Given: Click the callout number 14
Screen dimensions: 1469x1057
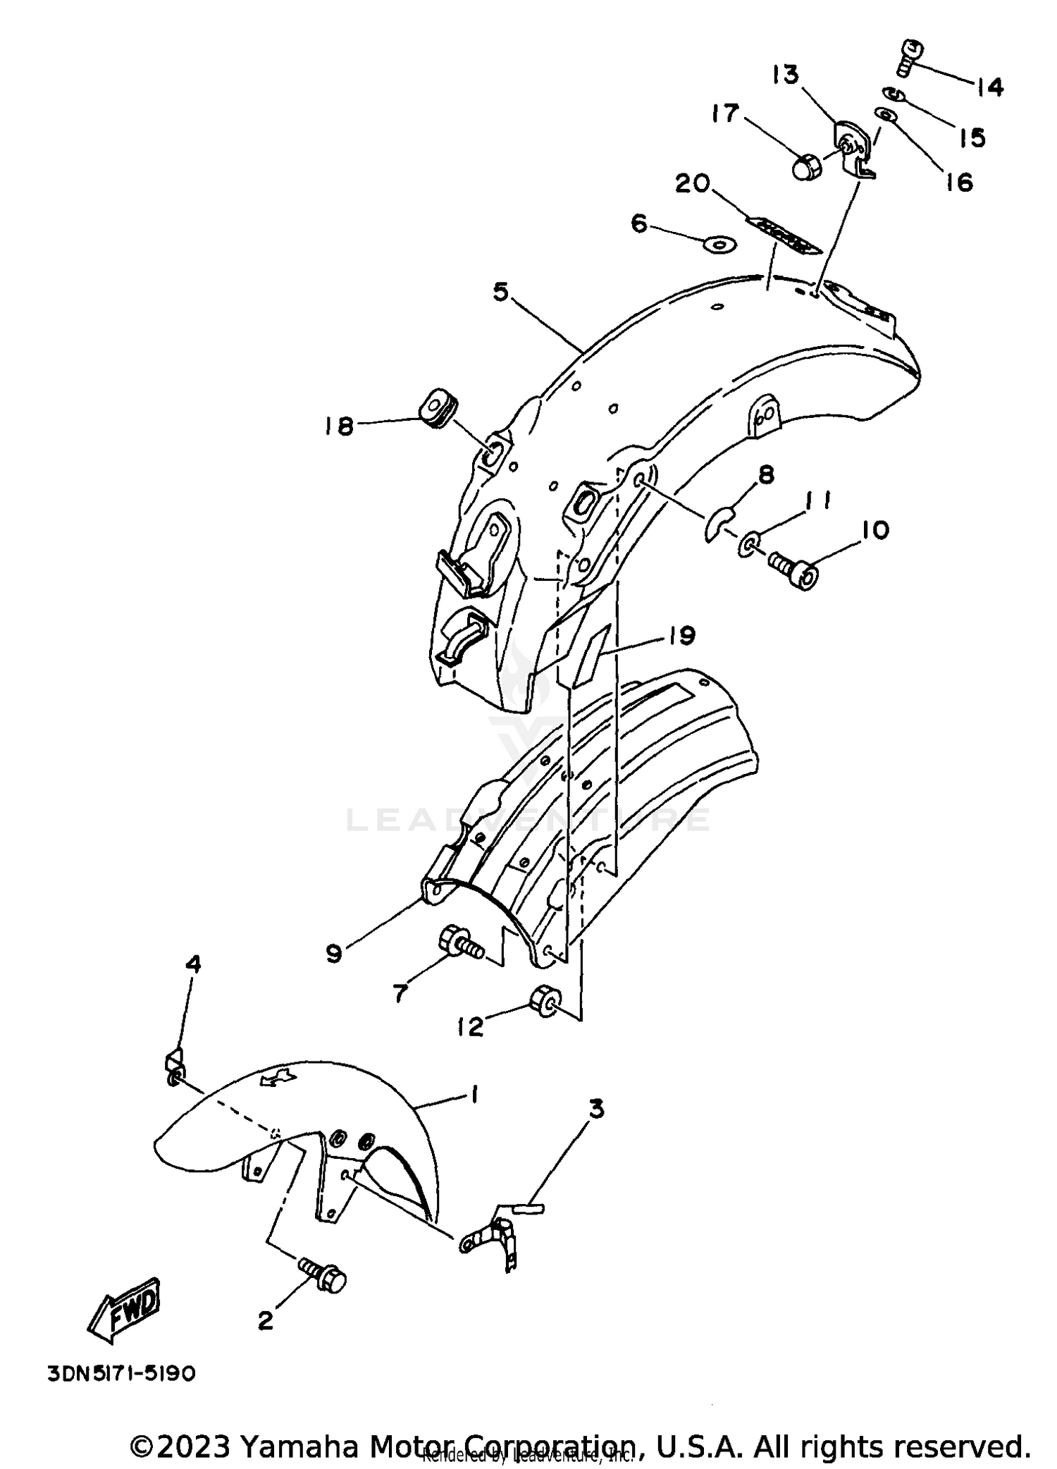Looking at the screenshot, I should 989,87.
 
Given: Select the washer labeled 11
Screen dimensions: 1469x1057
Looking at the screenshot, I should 749,544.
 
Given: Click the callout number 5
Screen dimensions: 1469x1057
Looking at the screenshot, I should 500,293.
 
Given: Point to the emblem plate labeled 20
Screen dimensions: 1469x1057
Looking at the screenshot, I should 784,234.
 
